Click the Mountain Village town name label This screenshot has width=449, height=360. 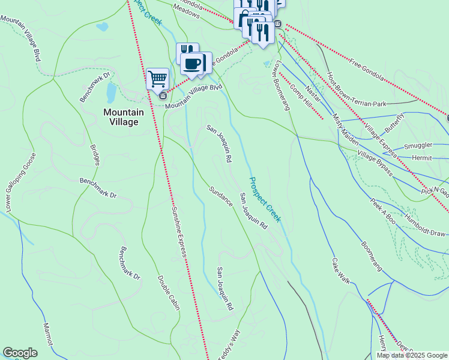click(123, 117)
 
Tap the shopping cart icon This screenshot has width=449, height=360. click(157, 78)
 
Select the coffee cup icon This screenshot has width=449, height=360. click(193, 63)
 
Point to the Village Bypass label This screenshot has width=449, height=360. click(375, 163)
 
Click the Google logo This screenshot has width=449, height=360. click(20, 353)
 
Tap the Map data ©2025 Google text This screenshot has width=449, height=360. click(412, 355)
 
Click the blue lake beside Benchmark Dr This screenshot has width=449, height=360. click(111, 92)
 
